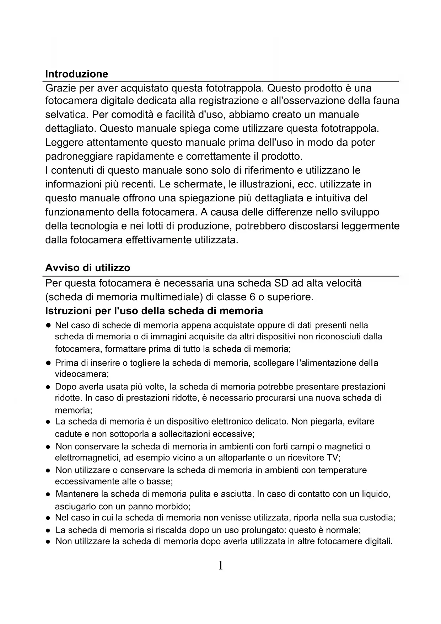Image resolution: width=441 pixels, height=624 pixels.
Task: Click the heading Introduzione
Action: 76,74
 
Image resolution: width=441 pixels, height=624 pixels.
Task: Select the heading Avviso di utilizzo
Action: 88,268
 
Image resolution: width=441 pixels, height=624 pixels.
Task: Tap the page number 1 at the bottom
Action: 220,565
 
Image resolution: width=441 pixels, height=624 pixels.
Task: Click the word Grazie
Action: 61,88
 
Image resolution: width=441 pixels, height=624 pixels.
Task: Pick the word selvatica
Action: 66,115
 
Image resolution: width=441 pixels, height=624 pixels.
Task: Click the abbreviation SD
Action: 281,283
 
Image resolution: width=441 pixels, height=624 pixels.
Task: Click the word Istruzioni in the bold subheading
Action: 68,311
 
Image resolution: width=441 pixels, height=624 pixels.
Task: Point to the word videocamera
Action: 81,374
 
